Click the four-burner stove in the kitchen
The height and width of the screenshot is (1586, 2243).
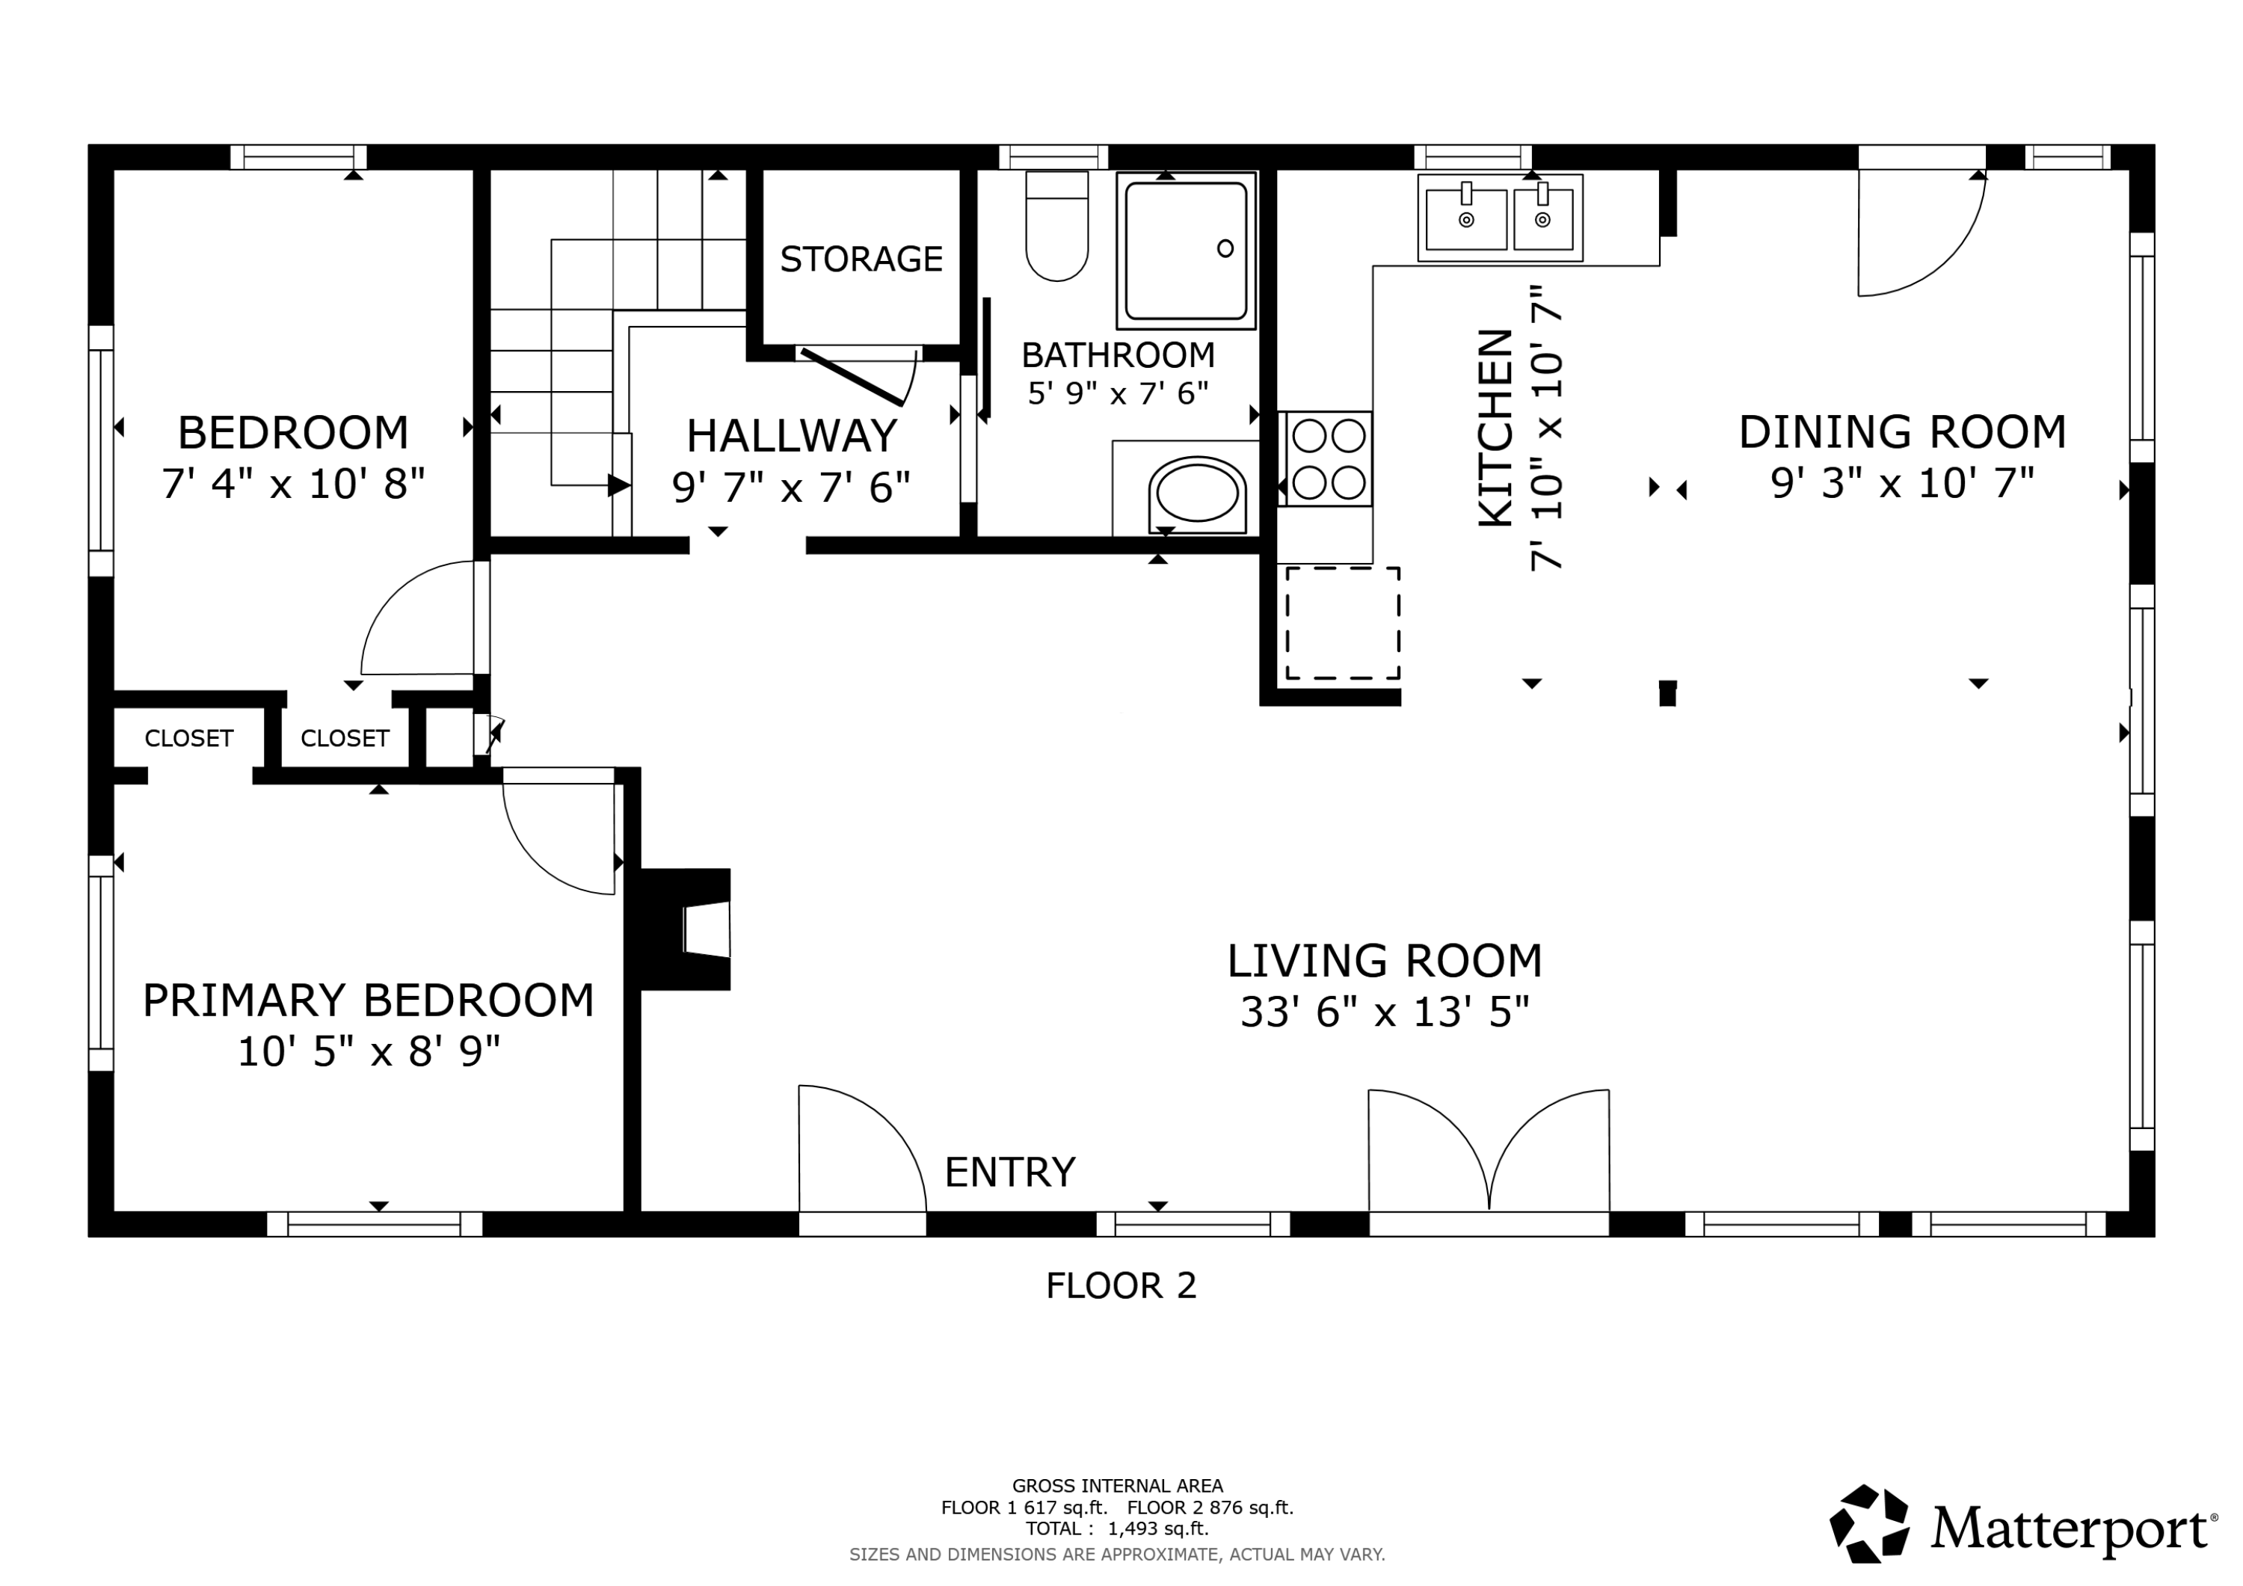point(1329,458)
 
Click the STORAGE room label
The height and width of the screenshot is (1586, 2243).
point(861,259)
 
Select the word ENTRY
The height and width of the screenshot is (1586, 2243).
point(1009,1172)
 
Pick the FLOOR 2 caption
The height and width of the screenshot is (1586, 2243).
point(1121,1285)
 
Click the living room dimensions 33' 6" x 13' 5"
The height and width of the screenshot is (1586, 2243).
point(1384,1012)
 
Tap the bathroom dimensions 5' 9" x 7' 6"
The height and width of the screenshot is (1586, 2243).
point(1118,393)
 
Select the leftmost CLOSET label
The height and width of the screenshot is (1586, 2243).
point(188,738)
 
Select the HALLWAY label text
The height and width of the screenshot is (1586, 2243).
point(791,436)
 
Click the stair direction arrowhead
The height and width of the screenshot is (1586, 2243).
point(618,485)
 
